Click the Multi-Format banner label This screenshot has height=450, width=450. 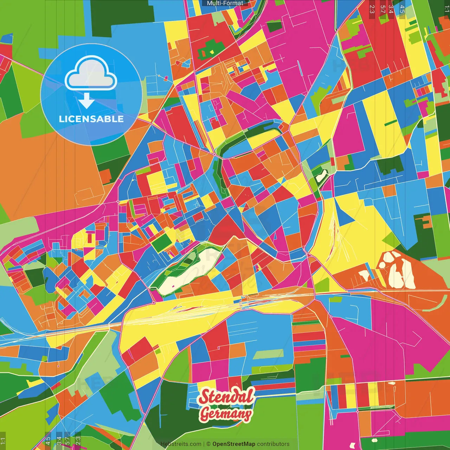click(x=225, y=3)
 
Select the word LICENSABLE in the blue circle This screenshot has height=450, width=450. click(x=91, y=119)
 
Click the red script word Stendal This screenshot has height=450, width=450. click(x=226, y=397)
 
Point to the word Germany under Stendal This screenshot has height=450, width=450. click(x=226, y=414)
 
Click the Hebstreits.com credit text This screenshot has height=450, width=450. click(x=181, y=444)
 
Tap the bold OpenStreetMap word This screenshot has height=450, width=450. click(x=234, y=444)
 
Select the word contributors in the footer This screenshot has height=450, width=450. click(x=273, y=444)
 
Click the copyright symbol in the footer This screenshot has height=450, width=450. click(x=208, y=444)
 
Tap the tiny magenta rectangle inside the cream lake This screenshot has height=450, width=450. click(x=173, y=285)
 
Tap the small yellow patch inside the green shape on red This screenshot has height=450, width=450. click(x=212, y=52)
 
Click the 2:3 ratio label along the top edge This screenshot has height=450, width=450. click(x=372, y=9)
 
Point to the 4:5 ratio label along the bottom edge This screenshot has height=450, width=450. click(x=47, y=441)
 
